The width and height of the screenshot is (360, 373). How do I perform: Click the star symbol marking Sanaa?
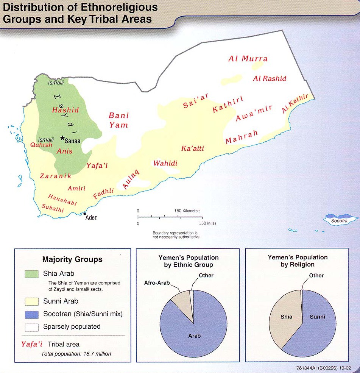click(x=62, y=138)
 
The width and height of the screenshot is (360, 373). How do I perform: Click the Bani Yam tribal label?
click(x=118, y=120)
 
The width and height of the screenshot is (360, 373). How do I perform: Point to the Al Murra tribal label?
click(x=248, y=59)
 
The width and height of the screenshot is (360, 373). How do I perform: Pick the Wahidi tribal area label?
click(x=165, y=163)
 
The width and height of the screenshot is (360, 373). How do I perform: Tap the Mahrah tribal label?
click(x=242, y=137)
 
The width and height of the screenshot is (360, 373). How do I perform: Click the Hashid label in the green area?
click(x=65, y=110)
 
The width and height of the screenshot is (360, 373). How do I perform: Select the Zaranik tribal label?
click(x=56, y=176)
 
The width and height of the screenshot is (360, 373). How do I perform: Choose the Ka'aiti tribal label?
click(x=192, y=148)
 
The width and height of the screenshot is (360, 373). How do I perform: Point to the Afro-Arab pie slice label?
click(x=157, y=282)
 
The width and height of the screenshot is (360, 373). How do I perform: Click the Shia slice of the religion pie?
click(x=286, y=317)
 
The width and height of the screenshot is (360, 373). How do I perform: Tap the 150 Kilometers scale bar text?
click(x=187, y=211)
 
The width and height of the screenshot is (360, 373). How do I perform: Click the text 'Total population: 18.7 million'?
click(x=76, y=354)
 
